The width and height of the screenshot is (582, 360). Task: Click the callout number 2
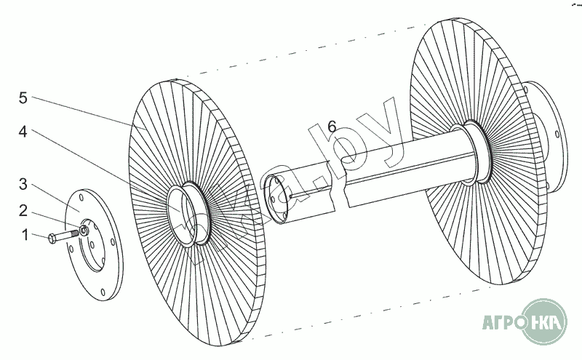[x=23, y=211]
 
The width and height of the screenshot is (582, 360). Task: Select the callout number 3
[x=23, y=183]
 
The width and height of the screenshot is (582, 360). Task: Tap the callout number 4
[x=23, y=132]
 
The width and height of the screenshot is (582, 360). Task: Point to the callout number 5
[x=23, y=95]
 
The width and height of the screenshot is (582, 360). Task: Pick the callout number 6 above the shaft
[x=332, y=127]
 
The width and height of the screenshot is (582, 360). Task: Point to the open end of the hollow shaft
[x=278, y=196]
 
